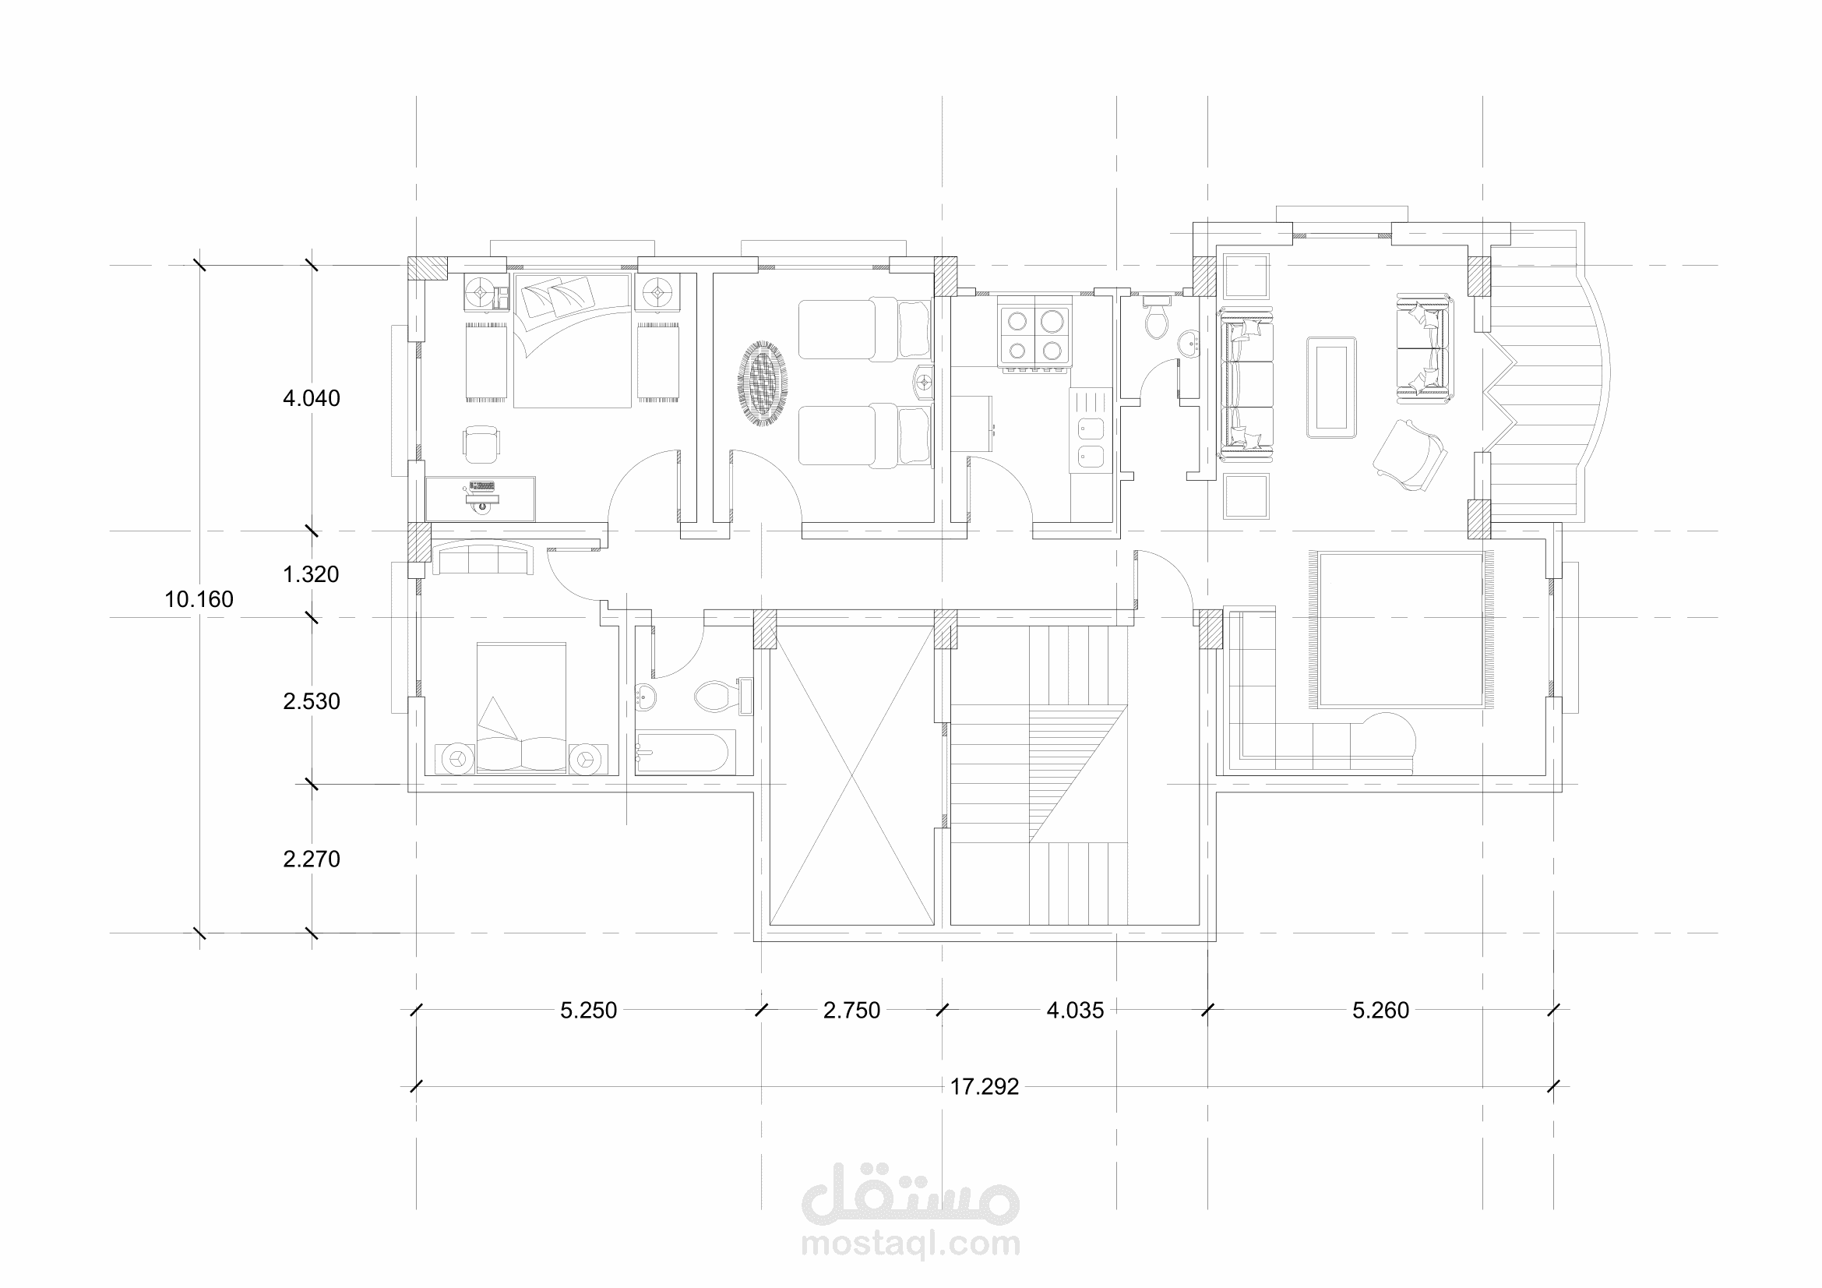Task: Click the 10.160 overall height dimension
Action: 199,599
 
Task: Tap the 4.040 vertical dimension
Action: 312,398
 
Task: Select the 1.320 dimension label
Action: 311,574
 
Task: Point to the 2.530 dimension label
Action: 312,701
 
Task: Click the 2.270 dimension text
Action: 312,859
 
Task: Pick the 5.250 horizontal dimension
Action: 589,1011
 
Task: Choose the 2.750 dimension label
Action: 852,1011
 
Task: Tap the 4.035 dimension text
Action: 1075,1011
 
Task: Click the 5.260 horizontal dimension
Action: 1381,1011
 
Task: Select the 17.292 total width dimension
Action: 985,1086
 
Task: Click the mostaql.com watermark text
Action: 911,1244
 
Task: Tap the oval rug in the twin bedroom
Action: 763,384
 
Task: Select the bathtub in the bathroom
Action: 682,752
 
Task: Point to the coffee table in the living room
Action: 1331,386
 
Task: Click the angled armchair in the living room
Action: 1410,455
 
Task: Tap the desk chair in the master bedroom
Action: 481,443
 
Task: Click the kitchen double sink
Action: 1091,442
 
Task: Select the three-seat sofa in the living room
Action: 1247,386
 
